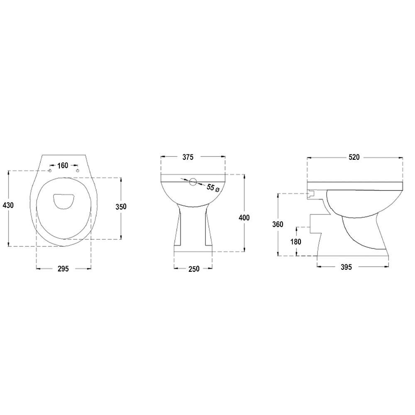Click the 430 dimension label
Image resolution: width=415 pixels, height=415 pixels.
pos(8,205)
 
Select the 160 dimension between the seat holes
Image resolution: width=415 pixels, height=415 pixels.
pos(63,166)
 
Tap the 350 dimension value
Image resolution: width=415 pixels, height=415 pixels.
pos(121,206)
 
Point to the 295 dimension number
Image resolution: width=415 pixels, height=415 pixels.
pos(63,269)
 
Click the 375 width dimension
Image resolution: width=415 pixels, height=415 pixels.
pos(188,157)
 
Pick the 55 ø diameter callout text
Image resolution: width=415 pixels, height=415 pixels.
pos(213,188)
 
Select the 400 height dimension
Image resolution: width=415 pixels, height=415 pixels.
pos(244,217)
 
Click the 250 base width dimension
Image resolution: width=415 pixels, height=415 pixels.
pos(194,269)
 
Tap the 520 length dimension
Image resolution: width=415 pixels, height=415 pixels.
pos(354,157)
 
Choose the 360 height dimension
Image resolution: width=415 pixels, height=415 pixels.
pos(278,225)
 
